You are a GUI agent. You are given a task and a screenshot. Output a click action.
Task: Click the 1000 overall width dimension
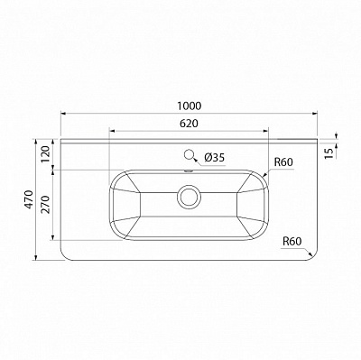tap(189, 104)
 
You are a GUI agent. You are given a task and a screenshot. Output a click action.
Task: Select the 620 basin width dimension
tap(188, 123)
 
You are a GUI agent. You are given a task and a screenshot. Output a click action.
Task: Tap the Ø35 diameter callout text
tap(215, 157)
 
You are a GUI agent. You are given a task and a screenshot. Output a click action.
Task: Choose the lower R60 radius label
tap(291, 241)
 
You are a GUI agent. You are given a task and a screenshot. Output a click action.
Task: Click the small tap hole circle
tap(190, 153)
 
